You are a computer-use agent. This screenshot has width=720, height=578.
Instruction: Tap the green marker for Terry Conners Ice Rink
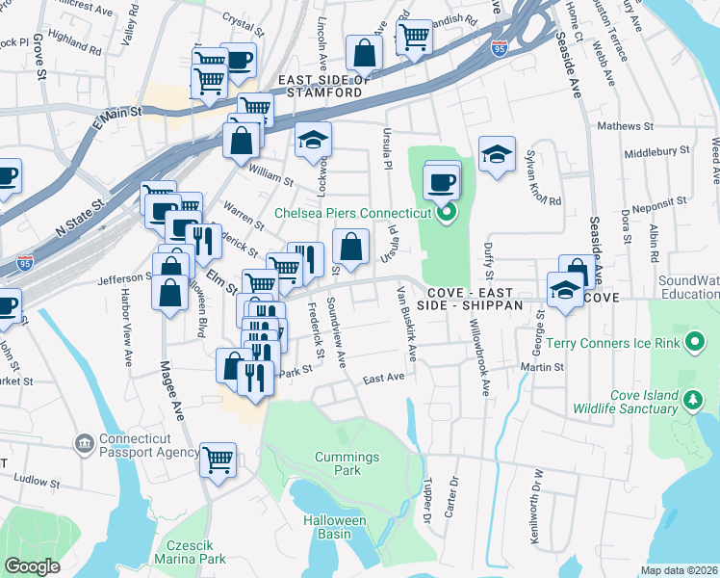(x=694, y=342)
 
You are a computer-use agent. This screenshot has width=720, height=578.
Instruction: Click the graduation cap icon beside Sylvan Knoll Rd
(x=497, y=154)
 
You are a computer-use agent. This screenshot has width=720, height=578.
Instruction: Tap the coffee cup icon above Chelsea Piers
(x=442, y=180)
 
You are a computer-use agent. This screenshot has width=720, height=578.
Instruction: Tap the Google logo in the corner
(x=33, y=566)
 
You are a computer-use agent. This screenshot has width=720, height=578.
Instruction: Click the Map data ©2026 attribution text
(x=680, y=570)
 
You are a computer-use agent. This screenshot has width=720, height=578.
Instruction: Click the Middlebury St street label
(x=658, y=153)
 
